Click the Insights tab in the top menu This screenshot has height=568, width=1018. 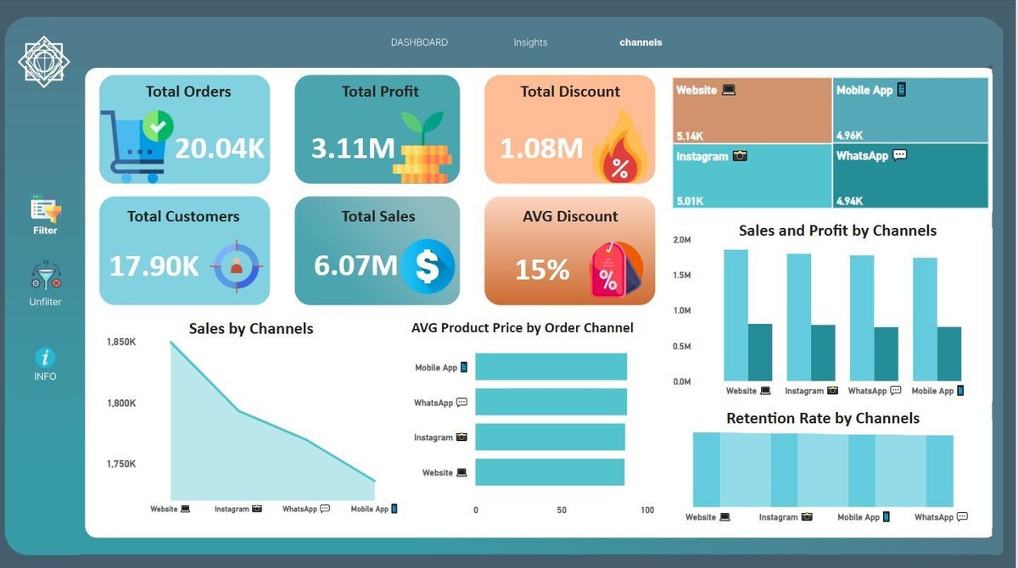tap(530, 42)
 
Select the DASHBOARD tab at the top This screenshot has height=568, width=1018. tap(419, 42)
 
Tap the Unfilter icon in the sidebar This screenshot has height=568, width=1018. tap(46, 277)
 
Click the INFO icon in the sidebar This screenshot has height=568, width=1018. tap(45, 358)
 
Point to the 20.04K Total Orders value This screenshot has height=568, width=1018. tap(220, 148)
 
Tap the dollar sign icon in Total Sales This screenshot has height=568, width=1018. tap(428, 265)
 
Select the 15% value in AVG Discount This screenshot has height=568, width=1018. tap(542, 270)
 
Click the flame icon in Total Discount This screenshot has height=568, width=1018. tap(620, 153)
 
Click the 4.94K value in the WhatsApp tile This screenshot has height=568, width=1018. tap(849, 201)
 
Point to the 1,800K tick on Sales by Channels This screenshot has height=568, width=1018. tap(121, 404)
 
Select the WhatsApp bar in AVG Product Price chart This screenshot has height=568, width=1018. tap(551, 402)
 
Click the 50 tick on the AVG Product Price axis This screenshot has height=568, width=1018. tap(562, 510)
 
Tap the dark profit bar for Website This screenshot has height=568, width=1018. tap(760, 352)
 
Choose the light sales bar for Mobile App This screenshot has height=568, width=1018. tap(925, 319)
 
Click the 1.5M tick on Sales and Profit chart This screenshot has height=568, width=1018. tap(681, 276)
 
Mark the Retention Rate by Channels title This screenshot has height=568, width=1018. tap(822, 418)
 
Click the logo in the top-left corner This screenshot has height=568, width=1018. tap(44, 60)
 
